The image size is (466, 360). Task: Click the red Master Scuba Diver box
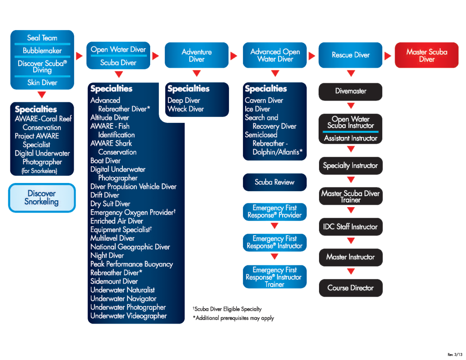[x=426, y=55]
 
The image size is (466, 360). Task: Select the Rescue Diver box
[x=350, y=55]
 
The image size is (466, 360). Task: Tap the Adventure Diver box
[x=197, y=55]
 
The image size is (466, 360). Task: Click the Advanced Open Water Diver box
[x=274, y=55]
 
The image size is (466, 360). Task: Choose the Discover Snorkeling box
[x=41, y=198]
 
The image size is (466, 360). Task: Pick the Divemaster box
[x=350, y=91]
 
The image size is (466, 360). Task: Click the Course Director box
[x=351, y=288]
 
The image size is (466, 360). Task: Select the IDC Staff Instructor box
[x=351, y=227]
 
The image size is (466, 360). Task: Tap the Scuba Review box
[x=274, y=182]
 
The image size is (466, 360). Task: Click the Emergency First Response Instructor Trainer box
[x=274, y=277]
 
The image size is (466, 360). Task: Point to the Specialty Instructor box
[x=351, y=166]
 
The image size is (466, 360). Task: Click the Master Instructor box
[x=351, y=257]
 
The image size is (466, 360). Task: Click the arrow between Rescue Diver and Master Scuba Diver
[x=388, y=56]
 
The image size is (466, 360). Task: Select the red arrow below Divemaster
[x=351, y=106]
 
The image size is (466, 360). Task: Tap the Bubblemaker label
[x=42, y=51]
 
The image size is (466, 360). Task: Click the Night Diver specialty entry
[x=107, y=255]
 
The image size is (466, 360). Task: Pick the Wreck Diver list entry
[x=186, y=109]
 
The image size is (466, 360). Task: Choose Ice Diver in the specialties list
[x=258, y=109]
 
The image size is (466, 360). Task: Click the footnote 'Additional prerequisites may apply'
[x=233, y=318]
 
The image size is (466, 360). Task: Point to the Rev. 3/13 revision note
[x=455, y=355]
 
